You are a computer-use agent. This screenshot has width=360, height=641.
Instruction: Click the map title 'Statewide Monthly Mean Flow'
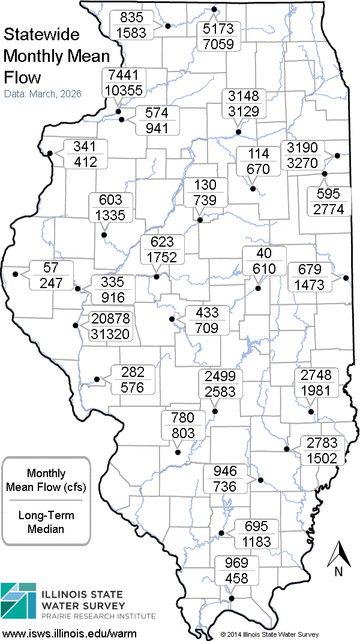57,56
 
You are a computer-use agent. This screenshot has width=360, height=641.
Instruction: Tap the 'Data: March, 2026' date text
43,94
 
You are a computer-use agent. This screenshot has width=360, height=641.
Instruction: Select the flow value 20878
110,319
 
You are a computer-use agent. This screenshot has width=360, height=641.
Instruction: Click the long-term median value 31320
110,334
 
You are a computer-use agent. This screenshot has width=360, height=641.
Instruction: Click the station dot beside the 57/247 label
15,274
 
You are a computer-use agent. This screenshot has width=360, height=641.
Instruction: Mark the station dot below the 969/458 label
232,598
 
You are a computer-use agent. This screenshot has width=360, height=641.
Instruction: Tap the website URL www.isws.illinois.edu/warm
70,633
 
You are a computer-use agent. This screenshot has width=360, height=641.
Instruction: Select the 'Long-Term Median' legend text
46,522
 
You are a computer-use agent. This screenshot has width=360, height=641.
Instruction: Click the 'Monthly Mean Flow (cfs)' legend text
46,480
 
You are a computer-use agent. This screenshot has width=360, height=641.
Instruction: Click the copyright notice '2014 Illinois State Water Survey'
269,634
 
